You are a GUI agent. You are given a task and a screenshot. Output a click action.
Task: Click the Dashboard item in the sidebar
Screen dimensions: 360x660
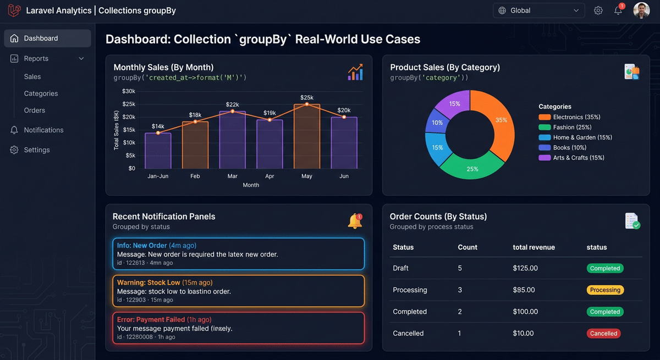pyautogui.click(x=47, y=38)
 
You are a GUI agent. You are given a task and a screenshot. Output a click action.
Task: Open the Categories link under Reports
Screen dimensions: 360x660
pyautogui.click(x=41, y=93)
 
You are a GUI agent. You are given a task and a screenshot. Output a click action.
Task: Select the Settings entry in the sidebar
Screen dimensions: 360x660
pyautogui.click(x=37, y=150)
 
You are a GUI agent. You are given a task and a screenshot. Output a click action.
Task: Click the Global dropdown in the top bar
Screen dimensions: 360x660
pyautogui.click(x=538, y=10)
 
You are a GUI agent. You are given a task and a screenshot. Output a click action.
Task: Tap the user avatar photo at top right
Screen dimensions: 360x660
pyautogui.click(x=641, y=10)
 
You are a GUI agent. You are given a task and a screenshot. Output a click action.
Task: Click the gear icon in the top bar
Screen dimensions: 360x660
pyautogui.click(x=598, y=10)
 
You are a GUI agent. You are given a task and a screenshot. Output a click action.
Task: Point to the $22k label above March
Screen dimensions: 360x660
pyautogui.click(x=232, y=104)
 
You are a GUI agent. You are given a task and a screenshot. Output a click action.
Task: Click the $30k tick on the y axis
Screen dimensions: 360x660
pyautogui.click(x=129, y=91)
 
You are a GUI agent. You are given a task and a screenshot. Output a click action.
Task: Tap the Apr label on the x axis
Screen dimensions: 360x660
pyautogui.click(x=269, y=176)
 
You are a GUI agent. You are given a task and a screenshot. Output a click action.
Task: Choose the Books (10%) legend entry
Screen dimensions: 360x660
pyautogui.click(x=569, y=148)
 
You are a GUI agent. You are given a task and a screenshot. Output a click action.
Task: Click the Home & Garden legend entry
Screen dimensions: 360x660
pyautogui.click(x=582, y=137)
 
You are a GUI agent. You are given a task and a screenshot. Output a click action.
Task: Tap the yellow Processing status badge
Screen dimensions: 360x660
pyautogui.click(x=605, y=290)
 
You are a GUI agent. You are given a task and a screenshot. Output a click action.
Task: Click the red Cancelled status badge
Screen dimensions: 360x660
pyautogui.click(x=603, y=334)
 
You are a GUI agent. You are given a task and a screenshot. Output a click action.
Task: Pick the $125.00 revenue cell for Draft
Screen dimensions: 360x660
pyautogui.click(x=525, y=268)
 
